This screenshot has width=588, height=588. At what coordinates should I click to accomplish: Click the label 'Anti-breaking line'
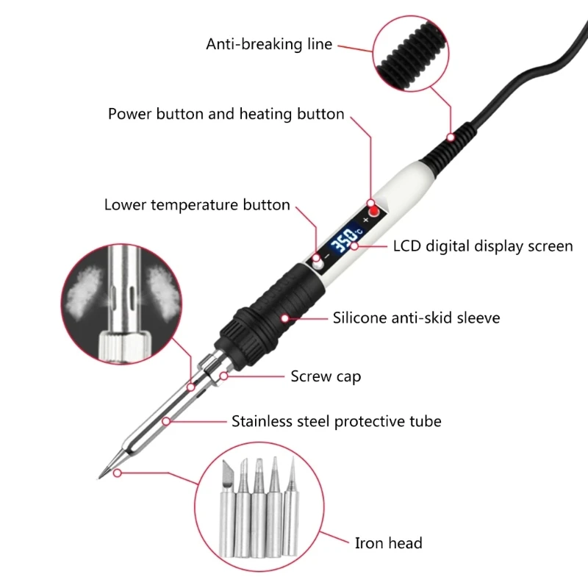pyautogui.click(x=268, y=44)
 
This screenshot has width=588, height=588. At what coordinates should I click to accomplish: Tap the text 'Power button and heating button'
pyautogui.click(x=226, y=114)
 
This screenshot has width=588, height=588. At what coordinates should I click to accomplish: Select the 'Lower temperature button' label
pyautogui.click(x=197, y=205)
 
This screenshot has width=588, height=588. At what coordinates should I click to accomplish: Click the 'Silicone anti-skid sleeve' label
pyautogui.click(x=416, y=318)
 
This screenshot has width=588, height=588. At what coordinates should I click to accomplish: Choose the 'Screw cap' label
pyautogui.click(x=326, y=376)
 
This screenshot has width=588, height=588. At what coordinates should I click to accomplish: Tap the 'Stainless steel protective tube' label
pyautogui.click(x=336, y=421)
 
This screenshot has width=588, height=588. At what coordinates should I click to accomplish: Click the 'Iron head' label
pyautogui.click(x=388, y=544)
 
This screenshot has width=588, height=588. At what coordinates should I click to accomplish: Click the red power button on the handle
pyautogui.click(x=374, y=214)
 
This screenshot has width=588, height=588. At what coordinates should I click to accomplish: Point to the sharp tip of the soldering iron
pyautogui.click(x=101, y=476)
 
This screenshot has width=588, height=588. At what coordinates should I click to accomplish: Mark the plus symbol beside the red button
pyautogui.click(x=365, y=220)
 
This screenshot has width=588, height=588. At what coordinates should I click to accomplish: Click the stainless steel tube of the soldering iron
pyautogui.click(x=158, y=423)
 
